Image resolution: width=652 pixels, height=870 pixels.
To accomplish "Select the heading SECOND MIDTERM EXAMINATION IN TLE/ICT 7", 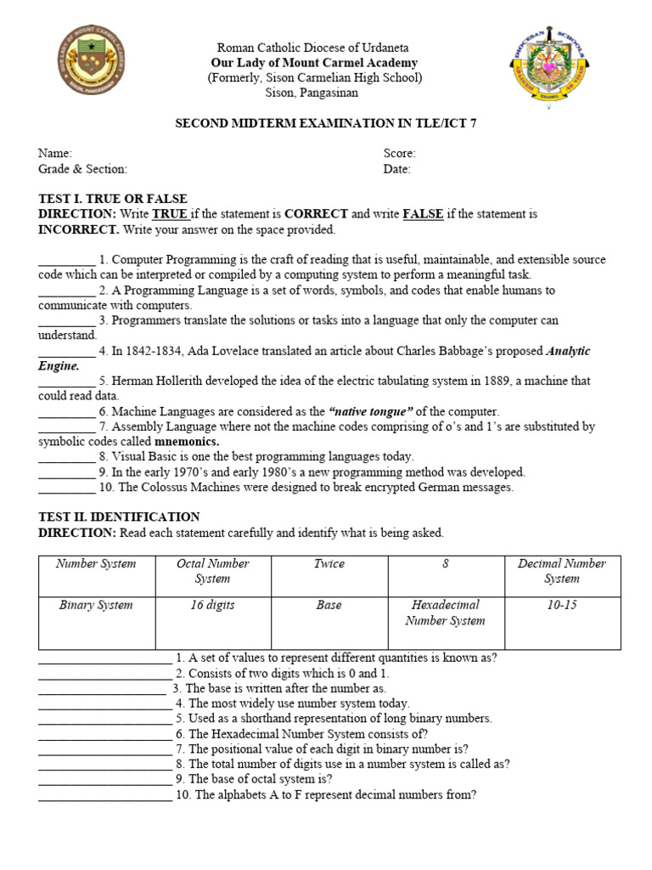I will [325, 123].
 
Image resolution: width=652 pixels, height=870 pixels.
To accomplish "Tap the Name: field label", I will [54, 154].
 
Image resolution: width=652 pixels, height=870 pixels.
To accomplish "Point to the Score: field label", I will [399, 154].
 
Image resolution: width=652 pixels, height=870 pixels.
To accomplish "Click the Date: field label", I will [396, 169].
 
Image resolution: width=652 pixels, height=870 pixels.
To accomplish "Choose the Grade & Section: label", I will [82, 169].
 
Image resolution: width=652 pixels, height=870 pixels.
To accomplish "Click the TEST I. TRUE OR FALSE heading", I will [112, 199].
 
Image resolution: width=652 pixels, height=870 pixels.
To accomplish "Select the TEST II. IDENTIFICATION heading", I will [119, 517].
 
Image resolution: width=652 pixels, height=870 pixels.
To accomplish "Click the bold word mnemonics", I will [187, 442].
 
